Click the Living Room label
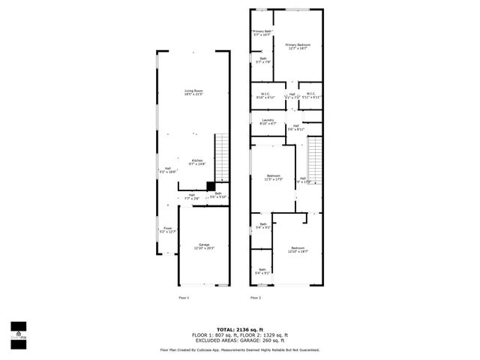click(194, 93)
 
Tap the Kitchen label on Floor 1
click(196, 163)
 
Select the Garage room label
click(204, 246)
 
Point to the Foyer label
click(166, 230)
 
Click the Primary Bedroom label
click(298, 46)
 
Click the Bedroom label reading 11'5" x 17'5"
click(273, 178)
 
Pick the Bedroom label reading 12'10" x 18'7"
click(298, 250)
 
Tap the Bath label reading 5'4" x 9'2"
click(263, 226)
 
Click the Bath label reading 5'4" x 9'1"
click(262, 271)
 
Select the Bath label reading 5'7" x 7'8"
click(263, 60)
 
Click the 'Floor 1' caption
click(184, 298)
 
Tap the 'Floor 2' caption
click(256, 298)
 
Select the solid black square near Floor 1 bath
click(211, 187)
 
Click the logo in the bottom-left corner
click(18, 331)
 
